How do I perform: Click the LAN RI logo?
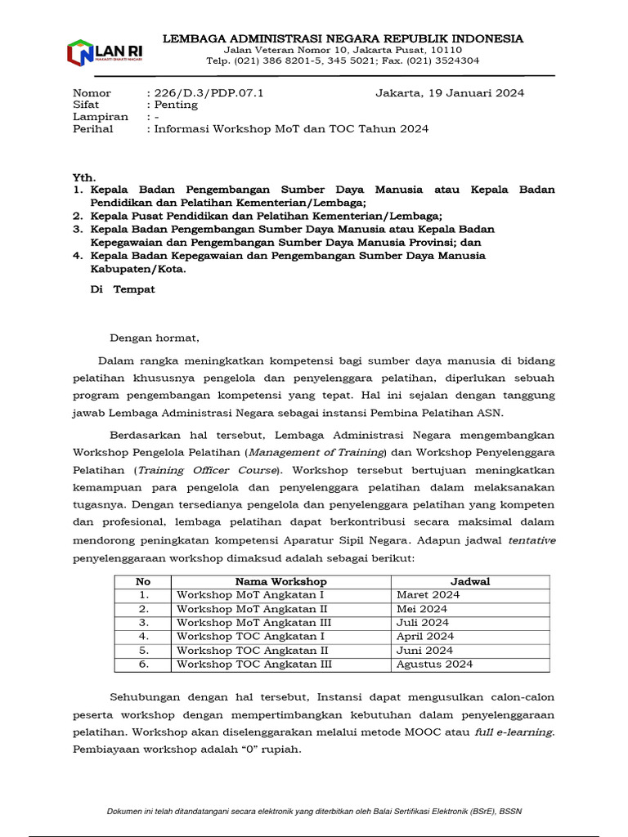click(x=99, y=52)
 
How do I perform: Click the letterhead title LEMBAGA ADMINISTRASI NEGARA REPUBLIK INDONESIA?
click(x=343, y=38)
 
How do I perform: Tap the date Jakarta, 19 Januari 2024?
click(x=449, y=92)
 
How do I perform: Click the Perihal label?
click(x=92, y=129)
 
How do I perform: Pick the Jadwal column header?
click(x=469, y=581)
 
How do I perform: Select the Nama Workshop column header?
click(x=280, y=581)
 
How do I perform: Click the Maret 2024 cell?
click(x=428, y=594)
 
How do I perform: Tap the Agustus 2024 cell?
click(x=434, y=665)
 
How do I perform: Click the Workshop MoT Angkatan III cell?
click(x=253, y=622)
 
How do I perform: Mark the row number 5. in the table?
click(x=143, y=651)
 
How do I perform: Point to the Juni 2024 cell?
click(x=424, y=651)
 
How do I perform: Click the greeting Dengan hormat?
click(x=155, y=337)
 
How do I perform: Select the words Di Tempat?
click(x=122, y=289)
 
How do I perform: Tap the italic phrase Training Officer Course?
click(x=207, y=470)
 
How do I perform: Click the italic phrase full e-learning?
click(x=514, y=732)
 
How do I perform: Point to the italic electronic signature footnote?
click(x=314, y=811)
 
